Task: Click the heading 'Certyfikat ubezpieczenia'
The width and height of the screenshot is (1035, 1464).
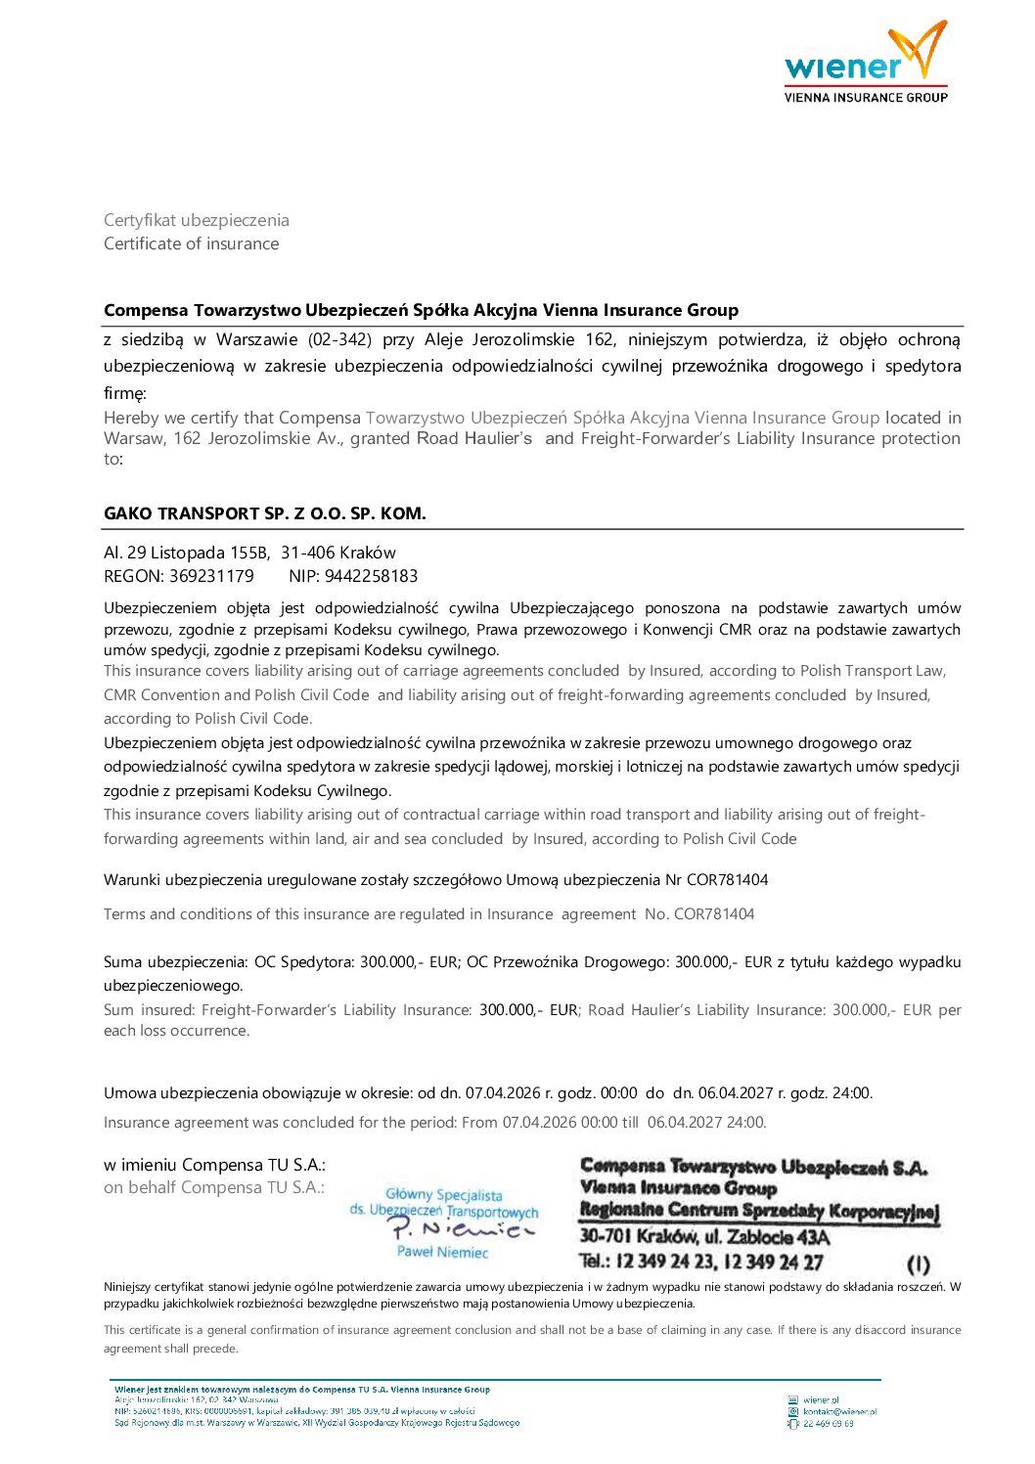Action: click(x=197, y=220)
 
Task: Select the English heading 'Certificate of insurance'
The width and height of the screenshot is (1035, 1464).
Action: click(x=192, y=244)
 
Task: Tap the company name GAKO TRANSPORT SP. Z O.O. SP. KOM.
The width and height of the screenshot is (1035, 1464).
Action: click(x=265, y=513)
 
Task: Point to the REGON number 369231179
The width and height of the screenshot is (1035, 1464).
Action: click(x=211, y=576)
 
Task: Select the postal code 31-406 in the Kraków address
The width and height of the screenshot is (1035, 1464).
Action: click(x=307, y=553)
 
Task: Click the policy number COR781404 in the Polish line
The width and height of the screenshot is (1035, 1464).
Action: click(x=727, y=879)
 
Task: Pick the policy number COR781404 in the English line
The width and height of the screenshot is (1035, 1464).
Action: click(x=713, y=913)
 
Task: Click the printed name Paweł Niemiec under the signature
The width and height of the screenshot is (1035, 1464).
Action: click(x=442, y=1252)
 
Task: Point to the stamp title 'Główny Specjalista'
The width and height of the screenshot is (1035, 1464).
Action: click(x=444, y=1194)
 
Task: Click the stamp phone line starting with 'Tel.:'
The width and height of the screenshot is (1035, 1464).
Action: click(x=700, y=1262)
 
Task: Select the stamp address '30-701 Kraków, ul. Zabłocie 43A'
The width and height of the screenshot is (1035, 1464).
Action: click(x=704, y=1237)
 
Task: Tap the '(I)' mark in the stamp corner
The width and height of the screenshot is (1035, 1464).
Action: click(x=919, y=1264)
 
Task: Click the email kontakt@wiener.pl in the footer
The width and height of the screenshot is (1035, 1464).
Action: click(x=839, y=1411)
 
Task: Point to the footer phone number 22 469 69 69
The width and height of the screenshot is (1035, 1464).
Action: click(x=828, y=1424)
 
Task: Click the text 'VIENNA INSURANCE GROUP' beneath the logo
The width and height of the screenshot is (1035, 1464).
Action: click(x=866, y=97)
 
